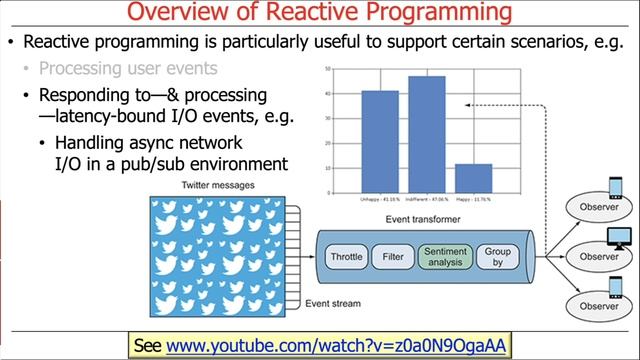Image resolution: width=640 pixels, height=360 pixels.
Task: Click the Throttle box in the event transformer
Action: pyautogui.click(x=346, y=257)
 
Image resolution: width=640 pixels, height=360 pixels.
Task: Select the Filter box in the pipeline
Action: pyautogui.click(x=393, y=257)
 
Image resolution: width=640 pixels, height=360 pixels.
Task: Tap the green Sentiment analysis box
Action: pyautogui.click(x=444, y=257)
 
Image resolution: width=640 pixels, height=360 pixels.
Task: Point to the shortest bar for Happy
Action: pyautogui.click(x=474, y=178)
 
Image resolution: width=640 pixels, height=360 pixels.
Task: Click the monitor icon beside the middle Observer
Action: pyautogui.click(x=621, y=238)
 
